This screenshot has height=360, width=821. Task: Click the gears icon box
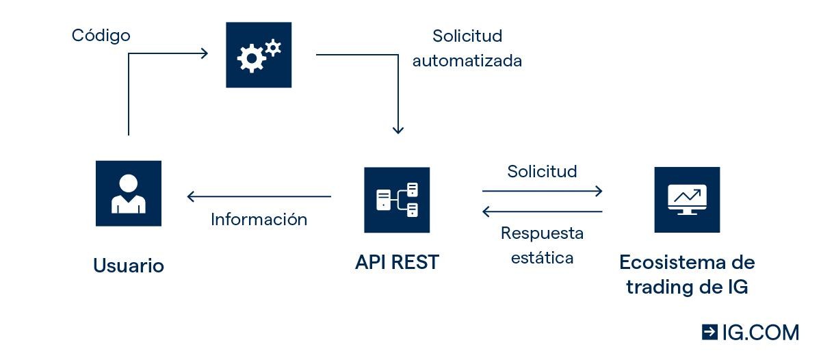[x=259, y=55]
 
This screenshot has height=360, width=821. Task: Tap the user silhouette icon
[x=129, y=193]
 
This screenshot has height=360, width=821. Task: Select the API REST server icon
[x=397, y=200]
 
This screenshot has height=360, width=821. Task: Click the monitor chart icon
[x=687, y=199]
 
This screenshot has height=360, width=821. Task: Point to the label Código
[x=101, y=35]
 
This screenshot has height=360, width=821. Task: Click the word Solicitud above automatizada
[x=467, y=36]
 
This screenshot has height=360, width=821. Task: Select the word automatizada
[x=467, y=61]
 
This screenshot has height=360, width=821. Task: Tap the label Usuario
[x=129, y=266]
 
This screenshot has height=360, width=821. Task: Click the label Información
[x=259, y=220]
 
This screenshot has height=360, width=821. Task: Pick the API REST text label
[x=397, y=262]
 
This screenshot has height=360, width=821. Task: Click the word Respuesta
[x=542, y=233]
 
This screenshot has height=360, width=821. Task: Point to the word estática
[x=542, y=258]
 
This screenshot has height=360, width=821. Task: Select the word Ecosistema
[x=687, y=262]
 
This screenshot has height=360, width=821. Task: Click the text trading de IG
[x=687, y=287]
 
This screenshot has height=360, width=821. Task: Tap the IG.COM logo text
[x=760, y=333]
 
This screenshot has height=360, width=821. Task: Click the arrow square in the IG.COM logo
[x=709, y=333]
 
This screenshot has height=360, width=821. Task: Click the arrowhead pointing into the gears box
[x=204, y=53]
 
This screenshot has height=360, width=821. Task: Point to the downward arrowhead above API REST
[x=398, y=129]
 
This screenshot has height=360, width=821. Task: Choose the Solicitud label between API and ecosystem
[x=542, y=171]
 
